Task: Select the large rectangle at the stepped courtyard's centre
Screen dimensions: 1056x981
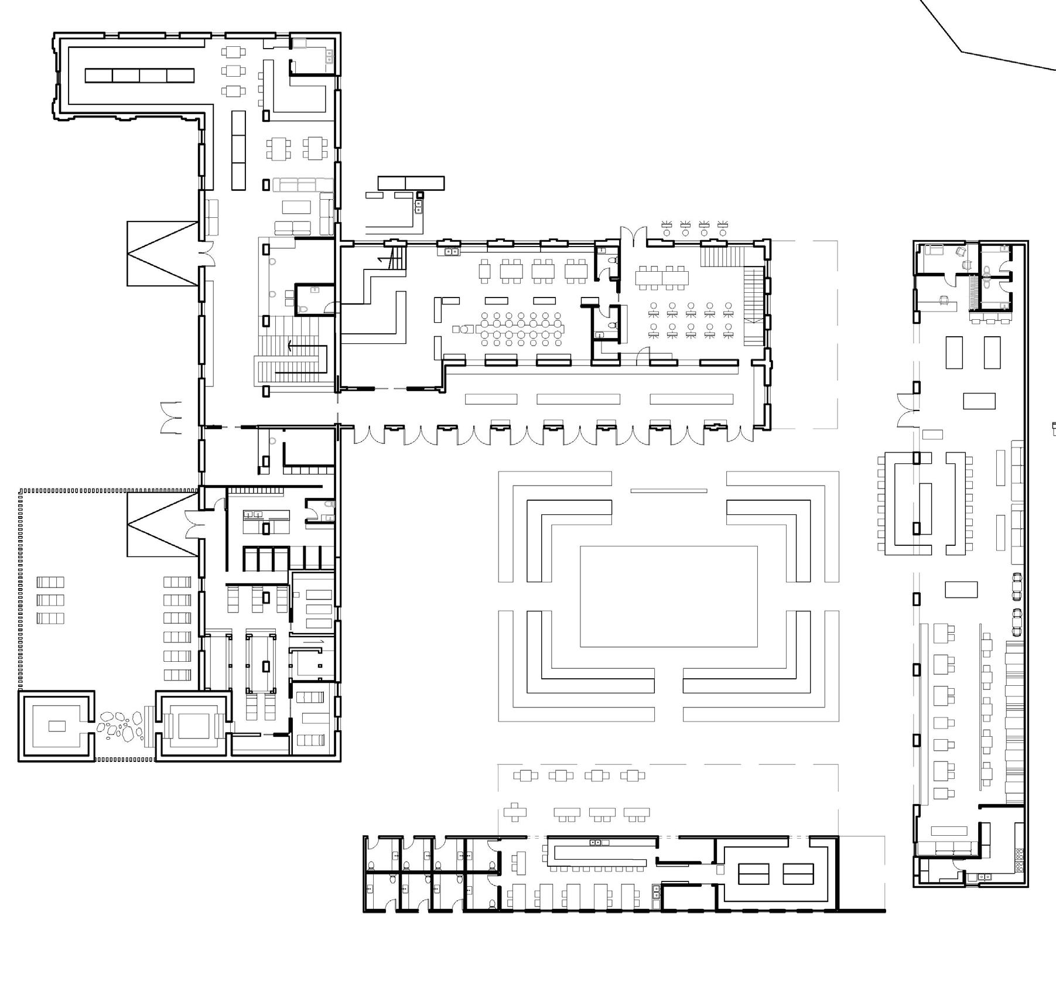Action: (x=668, y=596)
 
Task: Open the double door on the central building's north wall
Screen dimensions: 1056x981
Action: (x=634, y=236)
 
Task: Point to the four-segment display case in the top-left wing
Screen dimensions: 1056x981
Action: (x=139, y=76)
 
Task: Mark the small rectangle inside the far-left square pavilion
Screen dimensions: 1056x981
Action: (x=57, y=726)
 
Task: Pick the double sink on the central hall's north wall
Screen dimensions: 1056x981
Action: (x=452, y=252)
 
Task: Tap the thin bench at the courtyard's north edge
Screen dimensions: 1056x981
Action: (x=668, y=491)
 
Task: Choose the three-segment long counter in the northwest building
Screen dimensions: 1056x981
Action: (x=238, y=150)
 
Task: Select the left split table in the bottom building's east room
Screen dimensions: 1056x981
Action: (x=753, y=874)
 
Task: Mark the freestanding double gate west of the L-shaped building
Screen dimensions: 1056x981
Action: (x=171, y=418)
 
